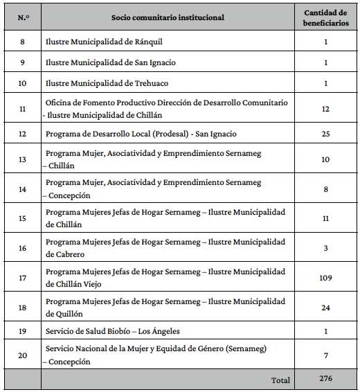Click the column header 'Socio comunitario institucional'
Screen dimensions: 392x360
[168, 17]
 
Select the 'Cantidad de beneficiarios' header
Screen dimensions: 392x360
[325, 17]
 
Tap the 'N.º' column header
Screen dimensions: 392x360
[23, 17]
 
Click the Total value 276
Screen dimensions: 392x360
[325, 380]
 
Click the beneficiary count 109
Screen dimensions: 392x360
[325, 278]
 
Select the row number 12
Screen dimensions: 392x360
[23, 133]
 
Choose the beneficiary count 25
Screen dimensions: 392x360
[325, 133]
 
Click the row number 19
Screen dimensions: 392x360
[23, 330]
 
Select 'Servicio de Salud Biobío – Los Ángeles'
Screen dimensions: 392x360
[116, 330]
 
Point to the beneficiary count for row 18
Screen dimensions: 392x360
[325, 308]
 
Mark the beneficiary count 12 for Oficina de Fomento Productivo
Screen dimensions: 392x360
[325, 108]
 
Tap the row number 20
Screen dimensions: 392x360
[23, 355]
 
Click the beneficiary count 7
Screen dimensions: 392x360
[325, 355]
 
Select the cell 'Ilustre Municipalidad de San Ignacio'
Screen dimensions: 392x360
[111, 62]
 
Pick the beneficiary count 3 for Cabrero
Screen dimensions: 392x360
[325, 248]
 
